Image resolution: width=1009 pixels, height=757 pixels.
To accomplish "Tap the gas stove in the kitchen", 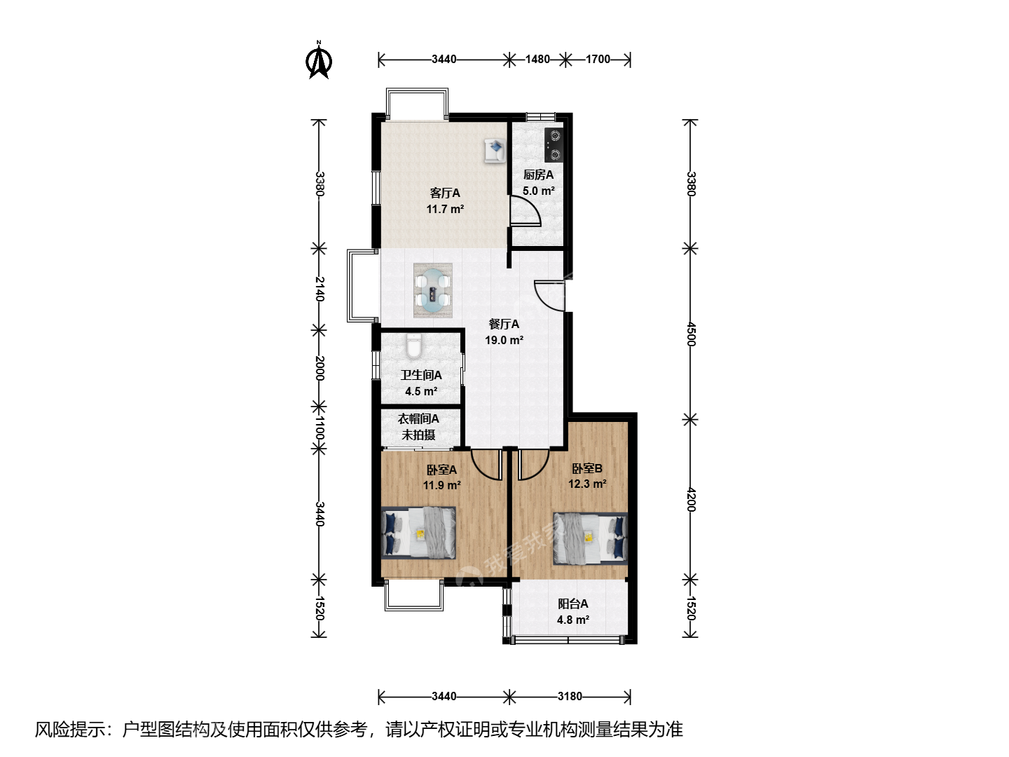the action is click(x=554, y=144).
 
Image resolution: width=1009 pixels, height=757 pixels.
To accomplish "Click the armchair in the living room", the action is click(x=494, y=151).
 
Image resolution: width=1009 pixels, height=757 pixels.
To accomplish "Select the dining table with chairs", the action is click(x=432, y=290).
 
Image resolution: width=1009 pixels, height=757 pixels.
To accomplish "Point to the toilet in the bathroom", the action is click(x=413, y=347).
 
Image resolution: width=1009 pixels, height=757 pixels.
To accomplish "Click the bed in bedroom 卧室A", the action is click(x=418, y=533).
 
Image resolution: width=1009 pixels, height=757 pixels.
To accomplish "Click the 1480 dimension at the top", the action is click(x=537, y=60).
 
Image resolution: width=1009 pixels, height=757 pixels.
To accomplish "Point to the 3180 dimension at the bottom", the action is click(x=570, y=696).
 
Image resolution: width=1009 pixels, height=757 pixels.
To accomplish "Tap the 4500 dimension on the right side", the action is click(x=691, y=334).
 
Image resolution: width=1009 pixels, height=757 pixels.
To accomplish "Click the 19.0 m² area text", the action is click(x=504, y=340).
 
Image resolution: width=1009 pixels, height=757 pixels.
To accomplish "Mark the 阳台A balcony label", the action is click(x=572, y=603).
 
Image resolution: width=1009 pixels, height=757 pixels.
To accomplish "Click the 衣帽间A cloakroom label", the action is click(x=418, y=418).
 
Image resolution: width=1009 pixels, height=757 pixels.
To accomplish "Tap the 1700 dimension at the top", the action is click(x=598, y=60).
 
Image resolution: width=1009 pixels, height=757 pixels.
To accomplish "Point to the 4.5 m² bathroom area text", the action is click(x=420, y=391).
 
